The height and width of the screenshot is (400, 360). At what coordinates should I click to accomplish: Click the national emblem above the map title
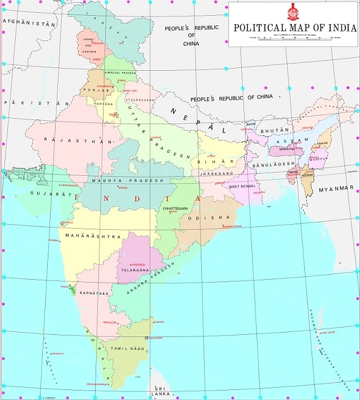293,11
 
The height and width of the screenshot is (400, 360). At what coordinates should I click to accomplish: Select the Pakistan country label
35,103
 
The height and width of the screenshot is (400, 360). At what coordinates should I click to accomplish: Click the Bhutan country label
274,130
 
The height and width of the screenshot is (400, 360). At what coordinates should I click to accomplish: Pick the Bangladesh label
274,163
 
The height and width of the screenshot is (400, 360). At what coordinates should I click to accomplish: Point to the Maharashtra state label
93,237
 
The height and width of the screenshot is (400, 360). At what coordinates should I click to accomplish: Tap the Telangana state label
135,270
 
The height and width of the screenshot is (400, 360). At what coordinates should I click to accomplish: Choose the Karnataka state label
94,293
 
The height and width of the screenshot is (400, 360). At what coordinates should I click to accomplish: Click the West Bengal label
242,186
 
